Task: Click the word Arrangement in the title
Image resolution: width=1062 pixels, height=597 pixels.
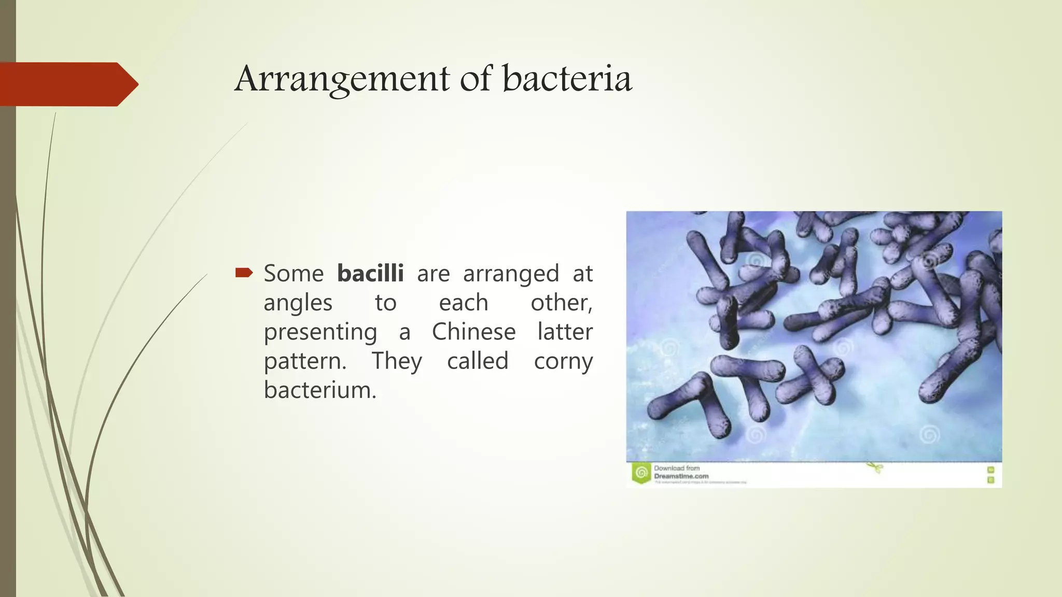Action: [342, 79]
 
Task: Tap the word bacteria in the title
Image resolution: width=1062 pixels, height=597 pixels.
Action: [567, 79]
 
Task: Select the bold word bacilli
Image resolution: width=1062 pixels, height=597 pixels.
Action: [370, 273]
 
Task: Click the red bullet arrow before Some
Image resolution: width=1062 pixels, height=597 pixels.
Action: [244, 273]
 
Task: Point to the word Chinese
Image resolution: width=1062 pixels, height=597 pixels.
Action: [473, 332]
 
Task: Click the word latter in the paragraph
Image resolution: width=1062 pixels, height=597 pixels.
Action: [565, 332]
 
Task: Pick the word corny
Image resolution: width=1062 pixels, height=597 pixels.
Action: [563, 361]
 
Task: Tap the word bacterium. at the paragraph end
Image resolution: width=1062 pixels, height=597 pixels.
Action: [319, 390]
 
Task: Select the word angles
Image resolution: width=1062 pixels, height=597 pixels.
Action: [298, 303]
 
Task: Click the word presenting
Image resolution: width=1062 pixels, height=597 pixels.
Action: [320, 333]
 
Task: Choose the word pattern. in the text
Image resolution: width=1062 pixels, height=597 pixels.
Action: [305, 361]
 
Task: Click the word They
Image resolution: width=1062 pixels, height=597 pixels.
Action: [397, 361]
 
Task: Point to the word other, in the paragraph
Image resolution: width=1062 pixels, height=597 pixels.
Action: [561, 303]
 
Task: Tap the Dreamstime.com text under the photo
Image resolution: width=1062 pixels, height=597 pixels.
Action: [681, 476]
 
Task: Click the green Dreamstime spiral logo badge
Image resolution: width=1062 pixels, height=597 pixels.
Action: [641, 473]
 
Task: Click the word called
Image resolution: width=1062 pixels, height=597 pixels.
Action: [478, 361]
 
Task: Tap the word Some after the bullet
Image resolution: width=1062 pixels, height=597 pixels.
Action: [294, 273]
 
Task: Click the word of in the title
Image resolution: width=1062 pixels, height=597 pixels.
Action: [475, 79]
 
